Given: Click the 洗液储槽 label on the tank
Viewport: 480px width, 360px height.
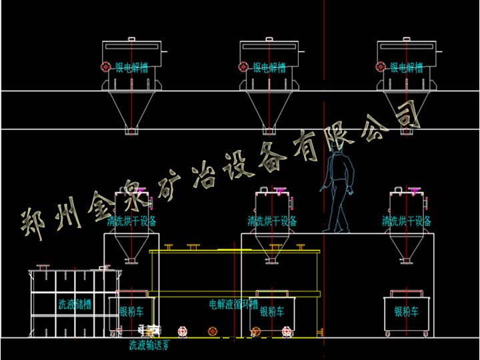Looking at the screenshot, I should tap(75, 305).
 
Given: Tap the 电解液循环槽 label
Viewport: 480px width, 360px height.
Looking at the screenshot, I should tap(234, 305).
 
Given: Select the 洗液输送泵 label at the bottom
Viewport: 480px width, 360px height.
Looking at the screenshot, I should tap(149, 345).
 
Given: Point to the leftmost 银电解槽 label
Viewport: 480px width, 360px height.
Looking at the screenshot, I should tap(134, 67).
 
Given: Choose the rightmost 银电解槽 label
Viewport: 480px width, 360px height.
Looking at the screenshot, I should tap(406, 67).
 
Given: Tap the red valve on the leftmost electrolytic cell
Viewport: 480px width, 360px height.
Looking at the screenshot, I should tap(105, 67).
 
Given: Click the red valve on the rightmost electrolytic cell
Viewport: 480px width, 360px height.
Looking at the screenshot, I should tap(380, 67).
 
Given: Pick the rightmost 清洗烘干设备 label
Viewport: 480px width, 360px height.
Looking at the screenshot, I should tap(406, 220).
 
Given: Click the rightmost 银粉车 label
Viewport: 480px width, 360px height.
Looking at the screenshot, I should tap(406, 311).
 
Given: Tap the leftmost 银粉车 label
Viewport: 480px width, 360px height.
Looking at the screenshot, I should tap(131, 311).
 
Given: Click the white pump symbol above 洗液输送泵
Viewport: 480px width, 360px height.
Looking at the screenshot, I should tap(150, 331).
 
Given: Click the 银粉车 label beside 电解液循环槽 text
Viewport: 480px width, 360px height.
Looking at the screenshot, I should tap(271, 311).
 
